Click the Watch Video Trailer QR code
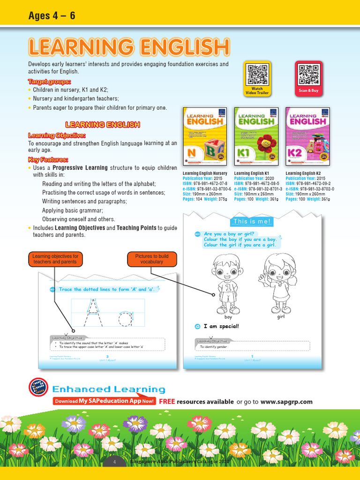pyautogui.click(x=257, y=74)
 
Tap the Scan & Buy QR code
pyautogui.click(x=308, y=74)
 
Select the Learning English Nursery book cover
pyautogui.click(x=204, y=136)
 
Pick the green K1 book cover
pyautogui.click(x=256, y=136)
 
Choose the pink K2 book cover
pyautogui.click(x=307, y=136)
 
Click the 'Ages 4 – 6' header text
pyautogui.click(x=52, y=16)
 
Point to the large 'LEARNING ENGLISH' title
pyautogui.click(x=129, y=47)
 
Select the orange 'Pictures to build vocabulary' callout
pyautogui.click(x=152, y=259)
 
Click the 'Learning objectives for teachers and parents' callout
pyautogui.click(x=55, y=259)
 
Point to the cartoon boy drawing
pyautogui.click(x=227, y=284)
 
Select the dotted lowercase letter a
pyautogui.click(x=126, y=318)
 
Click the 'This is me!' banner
pyautogui.click(x=252, y=221)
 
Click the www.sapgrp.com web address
pyautogui.click(x=286, y=402)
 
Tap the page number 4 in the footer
pyautogui.click(x=114, y=462)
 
